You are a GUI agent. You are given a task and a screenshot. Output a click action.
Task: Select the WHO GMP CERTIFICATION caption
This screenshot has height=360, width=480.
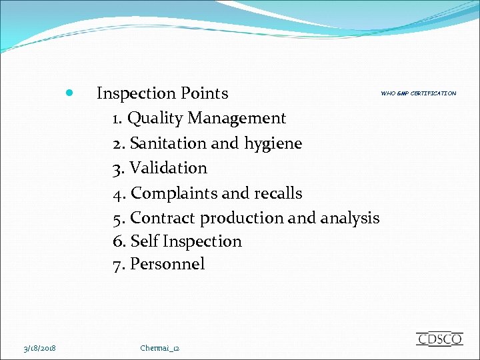(x=419, y=93)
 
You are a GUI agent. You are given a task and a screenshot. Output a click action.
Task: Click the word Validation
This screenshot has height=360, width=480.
(x=169, y=168)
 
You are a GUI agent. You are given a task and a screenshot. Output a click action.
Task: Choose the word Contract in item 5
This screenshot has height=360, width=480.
(x=163, y=218)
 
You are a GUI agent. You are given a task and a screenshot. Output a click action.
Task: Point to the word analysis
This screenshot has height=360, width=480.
(x=350, y=218)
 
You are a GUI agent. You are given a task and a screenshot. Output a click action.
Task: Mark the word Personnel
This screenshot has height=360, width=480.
(x=167, y=265)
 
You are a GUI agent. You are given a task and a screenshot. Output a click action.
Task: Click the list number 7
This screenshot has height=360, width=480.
(x=118, y=265)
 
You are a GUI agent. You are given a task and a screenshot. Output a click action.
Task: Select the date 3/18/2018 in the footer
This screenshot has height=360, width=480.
(x=39, y=348)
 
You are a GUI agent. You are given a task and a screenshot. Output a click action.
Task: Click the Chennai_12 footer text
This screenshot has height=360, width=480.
(x=160, y=348)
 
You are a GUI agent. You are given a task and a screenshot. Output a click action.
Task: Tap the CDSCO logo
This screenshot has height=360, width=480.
(x=439, y=339)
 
